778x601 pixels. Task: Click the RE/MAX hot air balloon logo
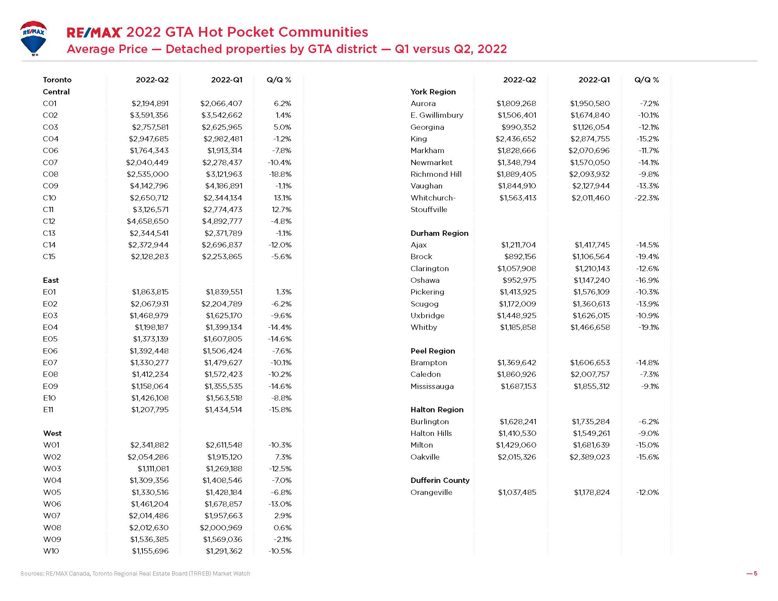pyautogui.click(x=33, y=38)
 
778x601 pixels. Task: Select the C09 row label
pyautogui.click(x=50, y=186)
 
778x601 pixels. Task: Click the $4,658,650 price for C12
pyautogui.click(x=147, y=221)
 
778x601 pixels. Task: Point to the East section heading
pyautogui.click(x=51, y=280)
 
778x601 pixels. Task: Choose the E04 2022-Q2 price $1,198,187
pyautogui.click(x=151, y=327)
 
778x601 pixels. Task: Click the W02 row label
pyautogui.click(x=52, y=457)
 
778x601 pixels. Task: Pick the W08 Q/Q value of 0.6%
pyautogui.click(x=283, y=528)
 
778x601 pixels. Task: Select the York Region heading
pyautogui.click(x=433, y=92)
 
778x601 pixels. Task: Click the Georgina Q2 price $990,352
pyautogui.click(x=519, y=127)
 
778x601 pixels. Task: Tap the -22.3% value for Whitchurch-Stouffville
pyautogui.click(x=646, y=198)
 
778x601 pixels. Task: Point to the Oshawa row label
pyautogui.click(x=425, y=280)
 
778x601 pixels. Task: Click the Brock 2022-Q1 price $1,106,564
pyautogui.click(x=591, y=257)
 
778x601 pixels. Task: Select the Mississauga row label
pyautogui.click(x=432, y=386)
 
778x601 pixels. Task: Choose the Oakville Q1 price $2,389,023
pyautogui.click(x=590, y=457)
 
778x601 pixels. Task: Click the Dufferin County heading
pyautogui.click(x=440, y=480)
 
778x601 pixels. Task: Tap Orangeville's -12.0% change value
pyautogui.click(x=648, y=492)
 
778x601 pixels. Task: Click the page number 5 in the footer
pyautogui.click(x=755, y=573)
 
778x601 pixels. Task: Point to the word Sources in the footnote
pyautogui.click(x=32, y=573)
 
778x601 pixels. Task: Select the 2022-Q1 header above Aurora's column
pyautogui.click(x=594, y=80)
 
